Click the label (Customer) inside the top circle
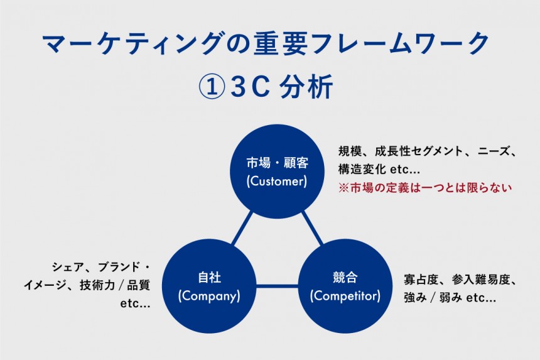click(277, 182)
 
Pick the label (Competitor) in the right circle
click(345, 295)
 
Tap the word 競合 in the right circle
click(345, 278)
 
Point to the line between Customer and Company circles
click(242, 229)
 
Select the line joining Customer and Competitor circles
click(311, 229)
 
